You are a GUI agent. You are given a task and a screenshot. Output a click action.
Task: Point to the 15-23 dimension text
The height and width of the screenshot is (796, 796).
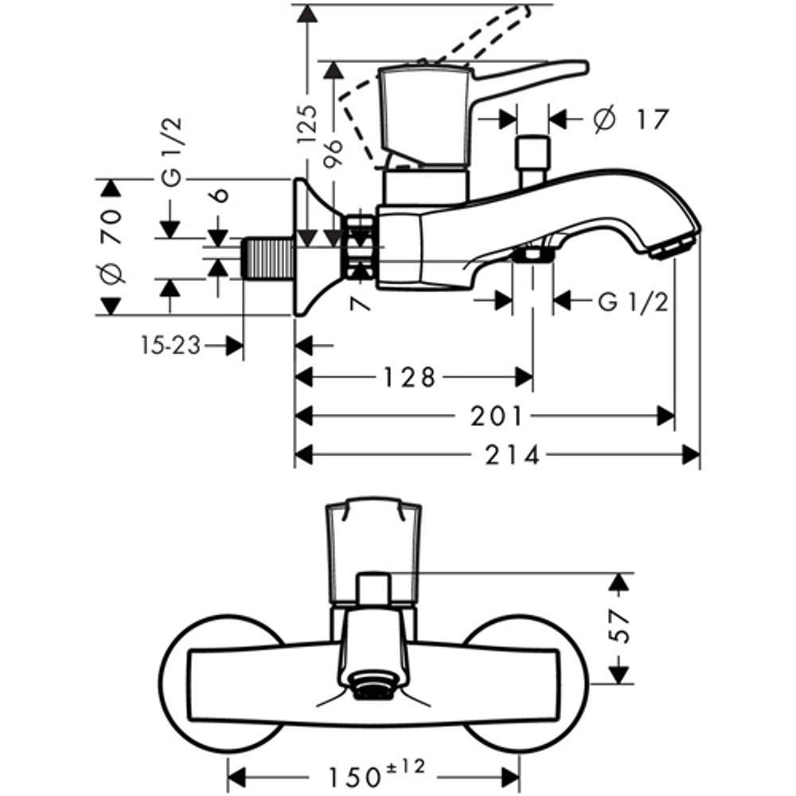click(170, 345)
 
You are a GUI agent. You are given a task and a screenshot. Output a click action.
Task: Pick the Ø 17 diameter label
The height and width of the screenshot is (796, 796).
click(630, 119)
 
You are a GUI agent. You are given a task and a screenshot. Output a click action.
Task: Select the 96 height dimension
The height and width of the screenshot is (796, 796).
click(334, 155)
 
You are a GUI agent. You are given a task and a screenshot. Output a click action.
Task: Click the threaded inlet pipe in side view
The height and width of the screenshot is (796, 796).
click(267, 257)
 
